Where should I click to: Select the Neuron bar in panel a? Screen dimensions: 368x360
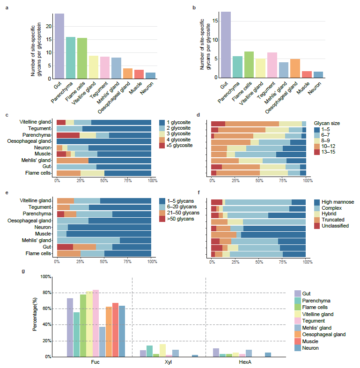(x=150, y=75)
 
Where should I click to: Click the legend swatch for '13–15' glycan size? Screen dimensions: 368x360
(x=316, y=152)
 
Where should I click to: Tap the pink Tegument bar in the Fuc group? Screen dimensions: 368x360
(x=96, y=323)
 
